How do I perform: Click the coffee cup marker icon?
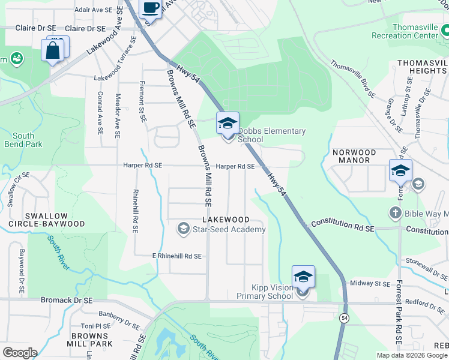coord(151,8)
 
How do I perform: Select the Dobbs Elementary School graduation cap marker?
coord(228,124)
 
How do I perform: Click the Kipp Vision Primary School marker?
coord(303,277)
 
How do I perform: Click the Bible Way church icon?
coord(395,212)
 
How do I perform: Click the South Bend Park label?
coord(23,140)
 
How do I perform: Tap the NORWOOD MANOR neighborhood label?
coord(355,157)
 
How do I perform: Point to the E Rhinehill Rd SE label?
coord(176,256)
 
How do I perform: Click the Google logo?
coord(20,353)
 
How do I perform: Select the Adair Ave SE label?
coord(93,10)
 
